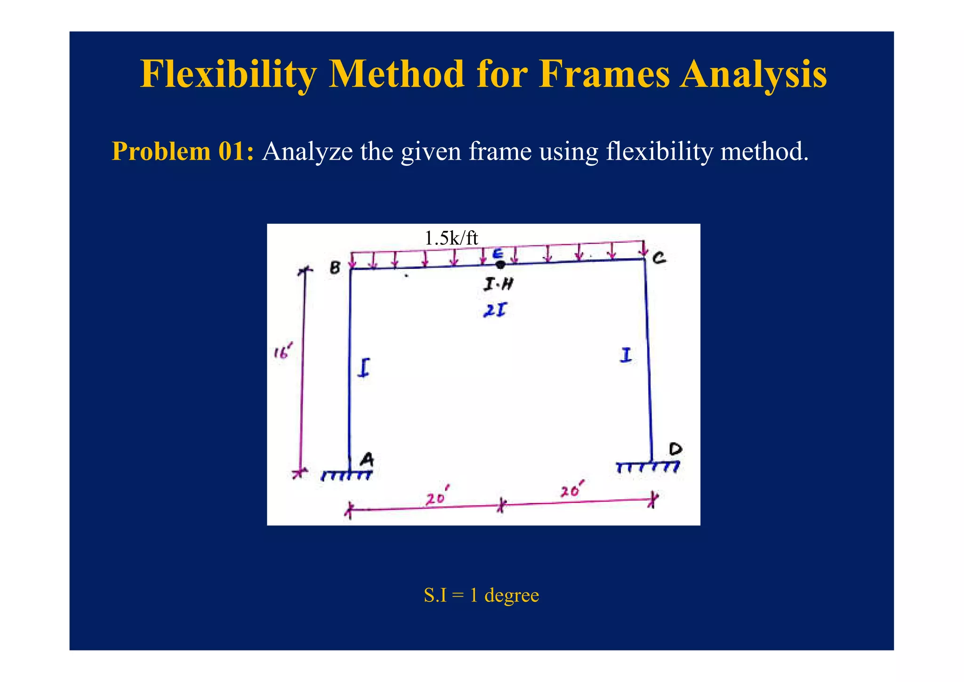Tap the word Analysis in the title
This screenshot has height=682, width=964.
tap(753, 74)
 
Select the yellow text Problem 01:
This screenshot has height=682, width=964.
tap(183, 152)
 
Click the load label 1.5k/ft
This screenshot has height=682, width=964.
tap(451, 238)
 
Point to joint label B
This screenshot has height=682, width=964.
tap(335, 268)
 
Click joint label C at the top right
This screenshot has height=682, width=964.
tap(659, 258)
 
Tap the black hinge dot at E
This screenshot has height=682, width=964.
tap(500, 265)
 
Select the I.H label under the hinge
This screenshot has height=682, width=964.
tap(498, 284)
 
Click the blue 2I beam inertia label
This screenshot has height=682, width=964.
tap(495, 310)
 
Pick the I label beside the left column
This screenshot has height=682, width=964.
tap(363, 367)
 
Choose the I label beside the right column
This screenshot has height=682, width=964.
tap(625, 355)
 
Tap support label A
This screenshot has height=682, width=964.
tap(367, 459)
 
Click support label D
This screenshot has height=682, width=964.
tap(675, 449)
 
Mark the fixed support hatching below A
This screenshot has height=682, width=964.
tap(346, 476)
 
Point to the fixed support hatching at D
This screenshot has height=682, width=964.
tap(648, 467)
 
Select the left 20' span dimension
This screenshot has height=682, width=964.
tap(436, 498)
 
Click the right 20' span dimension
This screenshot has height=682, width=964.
tap(572, 491)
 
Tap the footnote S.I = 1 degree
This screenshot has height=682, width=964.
tap(481, 595)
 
